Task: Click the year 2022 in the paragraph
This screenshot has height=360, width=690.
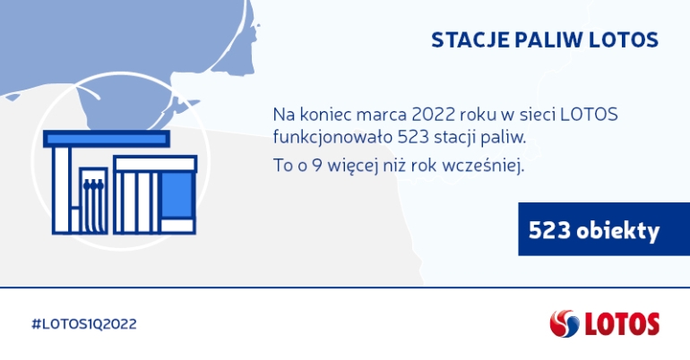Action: tap(433, 115)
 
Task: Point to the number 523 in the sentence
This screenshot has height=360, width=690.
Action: tap(413, 137)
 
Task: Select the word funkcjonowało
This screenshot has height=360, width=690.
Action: tap(332, 137)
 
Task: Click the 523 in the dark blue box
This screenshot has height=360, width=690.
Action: tap(549, 230)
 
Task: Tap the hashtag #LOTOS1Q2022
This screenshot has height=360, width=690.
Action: tap(84, 324)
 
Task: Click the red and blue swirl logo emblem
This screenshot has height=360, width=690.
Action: tap(565, 323)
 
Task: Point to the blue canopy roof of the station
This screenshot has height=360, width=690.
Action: tap(107, 139)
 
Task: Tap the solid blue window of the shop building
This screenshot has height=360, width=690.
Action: tap(177, 194)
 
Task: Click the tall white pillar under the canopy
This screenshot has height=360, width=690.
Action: tap(62, 190)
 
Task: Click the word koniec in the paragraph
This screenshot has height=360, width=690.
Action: tap(325, 115)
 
